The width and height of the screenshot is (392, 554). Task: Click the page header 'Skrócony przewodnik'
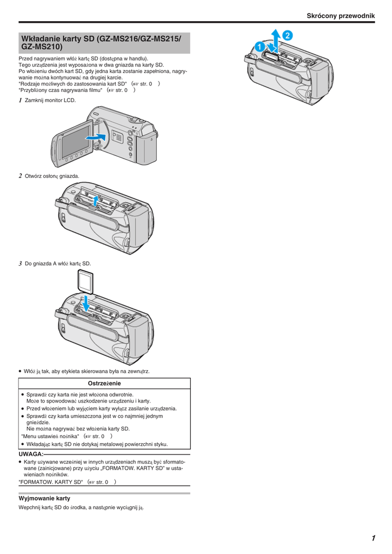point(341,16)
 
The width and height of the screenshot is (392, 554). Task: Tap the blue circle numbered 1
point(260,47)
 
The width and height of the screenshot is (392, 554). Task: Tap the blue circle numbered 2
point(288,35)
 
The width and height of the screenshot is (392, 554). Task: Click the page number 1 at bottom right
point(373,538)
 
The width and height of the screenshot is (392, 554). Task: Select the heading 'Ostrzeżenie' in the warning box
point(104,384)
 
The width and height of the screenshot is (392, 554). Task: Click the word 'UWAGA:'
point(31,454)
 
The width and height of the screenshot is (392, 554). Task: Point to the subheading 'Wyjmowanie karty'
point(44,498)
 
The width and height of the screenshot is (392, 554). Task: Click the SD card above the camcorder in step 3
point(85,281)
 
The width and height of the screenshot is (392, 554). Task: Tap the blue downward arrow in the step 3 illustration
point(85,304)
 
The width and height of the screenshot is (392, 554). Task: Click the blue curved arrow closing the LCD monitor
point(96,137)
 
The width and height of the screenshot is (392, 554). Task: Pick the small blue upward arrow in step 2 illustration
point(95,201)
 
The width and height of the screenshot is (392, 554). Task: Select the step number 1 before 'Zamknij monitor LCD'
point(21,100)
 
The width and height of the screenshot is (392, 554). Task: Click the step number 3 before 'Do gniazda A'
point(21,263)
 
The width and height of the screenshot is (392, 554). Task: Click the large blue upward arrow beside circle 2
point(276,39)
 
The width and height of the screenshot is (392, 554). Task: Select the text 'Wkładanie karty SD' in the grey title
point(58,38)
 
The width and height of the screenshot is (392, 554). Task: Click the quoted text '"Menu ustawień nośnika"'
point(50,437)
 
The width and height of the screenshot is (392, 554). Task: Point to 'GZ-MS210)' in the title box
point(42,47)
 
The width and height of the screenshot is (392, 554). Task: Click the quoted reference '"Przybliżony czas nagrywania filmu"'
point(61,90)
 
